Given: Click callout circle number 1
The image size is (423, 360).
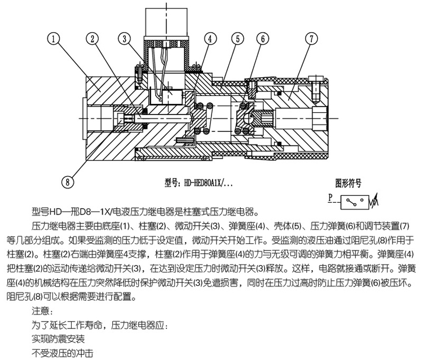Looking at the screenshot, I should (x=54, y=39).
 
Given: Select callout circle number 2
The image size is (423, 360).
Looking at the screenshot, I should (x=92, y=39).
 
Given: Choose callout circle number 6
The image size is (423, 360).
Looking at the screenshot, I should (x=263, y=39).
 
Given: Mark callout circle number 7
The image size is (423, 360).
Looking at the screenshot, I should (x=310, y=39).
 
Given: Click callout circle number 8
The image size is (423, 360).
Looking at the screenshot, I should (x=68, y=182).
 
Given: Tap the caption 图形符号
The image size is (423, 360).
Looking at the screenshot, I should (x=348, y=183).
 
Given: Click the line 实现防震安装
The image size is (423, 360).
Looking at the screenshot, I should (x=59, y=339).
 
